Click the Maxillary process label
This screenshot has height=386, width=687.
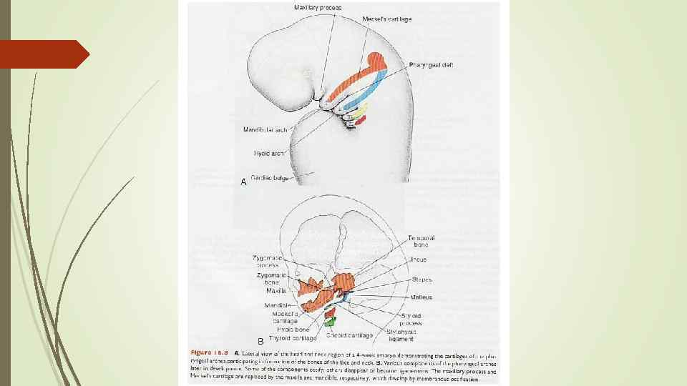318,7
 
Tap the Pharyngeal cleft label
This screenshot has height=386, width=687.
431,65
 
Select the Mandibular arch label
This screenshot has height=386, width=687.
265,130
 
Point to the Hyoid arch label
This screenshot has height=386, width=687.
270,153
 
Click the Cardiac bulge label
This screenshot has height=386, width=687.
270,177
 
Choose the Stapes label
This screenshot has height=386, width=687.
422,279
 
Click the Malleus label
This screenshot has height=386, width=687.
422,296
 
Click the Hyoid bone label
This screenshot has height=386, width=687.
293,330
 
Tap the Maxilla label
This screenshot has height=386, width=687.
276,292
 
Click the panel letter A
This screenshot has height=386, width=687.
243,182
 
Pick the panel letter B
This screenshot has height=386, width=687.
260,340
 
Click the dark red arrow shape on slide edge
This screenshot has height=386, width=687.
43,54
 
